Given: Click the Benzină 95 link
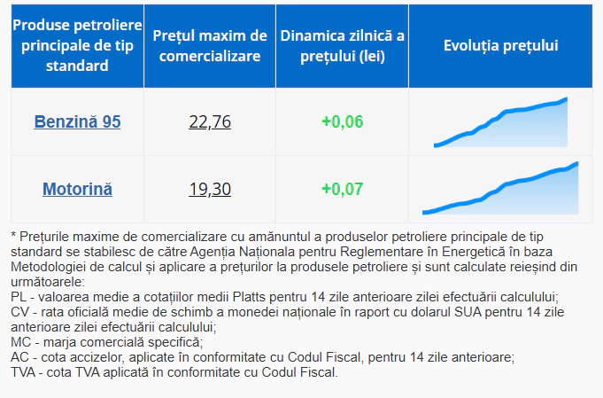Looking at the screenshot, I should (x=77, y=121).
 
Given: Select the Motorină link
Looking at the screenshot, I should (x=77, y=189).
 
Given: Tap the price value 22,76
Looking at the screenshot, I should (x=210, y=121).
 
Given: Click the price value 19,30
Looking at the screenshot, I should (x=210, y=189).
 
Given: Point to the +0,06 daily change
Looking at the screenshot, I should (x=342, y=121).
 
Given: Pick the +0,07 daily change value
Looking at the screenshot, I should (x=342, y=189).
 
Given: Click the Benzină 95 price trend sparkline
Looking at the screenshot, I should (x=501, y=123).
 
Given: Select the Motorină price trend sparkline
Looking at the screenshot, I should (x=501, y=190).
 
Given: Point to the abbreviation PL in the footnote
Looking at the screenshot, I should (x=19, y=297).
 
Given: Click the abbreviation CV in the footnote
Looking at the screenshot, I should (x=19, y=312).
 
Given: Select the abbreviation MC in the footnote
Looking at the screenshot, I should (x=20, y=342).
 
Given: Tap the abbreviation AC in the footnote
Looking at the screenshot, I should (x=19, y=357).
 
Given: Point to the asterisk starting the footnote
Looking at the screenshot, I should (x=13, y=236).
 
